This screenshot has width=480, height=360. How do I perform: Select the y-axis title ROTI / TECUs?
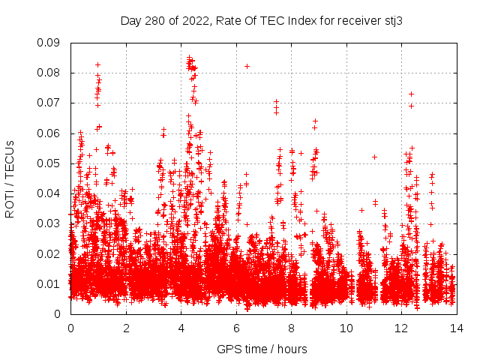pos(10,178)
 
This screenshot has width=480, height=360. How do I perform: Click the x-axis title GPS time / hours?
pos(262,349)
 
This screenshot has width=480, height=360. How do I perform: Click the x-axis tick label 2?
pos(126,328)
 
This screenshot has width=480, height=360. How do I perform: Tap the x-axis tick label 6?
pos(236,328)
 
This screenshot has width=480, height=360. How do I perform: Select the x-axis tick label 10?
pos(346,328)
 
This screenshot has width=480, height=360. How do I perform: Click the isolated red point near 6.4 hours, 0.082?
pos(247,66)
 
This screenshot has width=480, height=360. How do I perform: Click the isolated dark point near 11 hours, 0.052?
pos(374,157)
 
